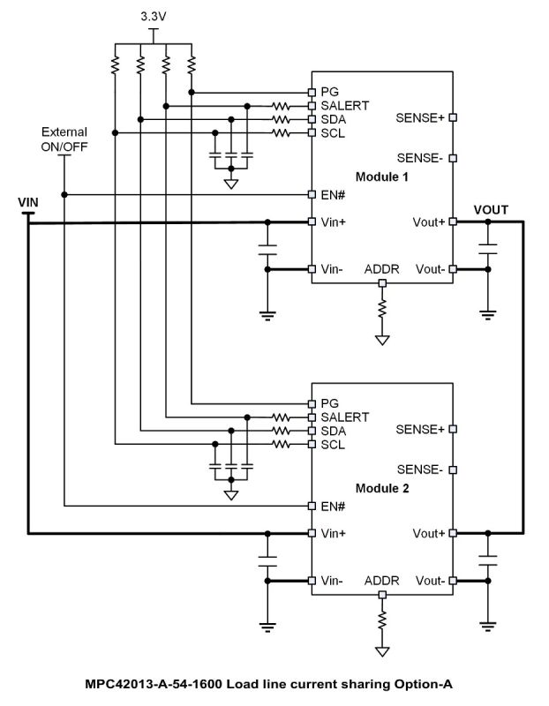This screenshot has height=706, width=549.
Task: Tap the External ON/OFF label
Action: click(64, 140)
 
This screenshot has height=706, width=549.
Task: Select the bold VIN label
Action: click(28, 203)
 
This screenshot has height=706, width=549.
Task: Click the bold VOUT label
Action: click(491, 210)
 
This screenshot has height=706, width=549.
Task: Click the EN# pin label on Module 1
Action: click(330, 194)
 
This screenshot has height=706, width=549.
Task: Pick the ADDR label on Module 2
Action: click(381, 581)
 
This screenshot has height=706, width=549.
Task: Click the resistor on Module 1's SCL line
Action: click(282, 133)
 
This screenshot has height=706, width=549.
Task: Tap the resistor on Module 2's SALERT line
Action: click(282, 417)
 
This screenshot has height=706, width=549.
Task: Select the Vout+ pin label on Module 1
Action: click(429, 222)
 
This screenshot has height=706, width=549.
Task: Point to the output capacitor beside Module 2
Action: click(486, 559)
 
